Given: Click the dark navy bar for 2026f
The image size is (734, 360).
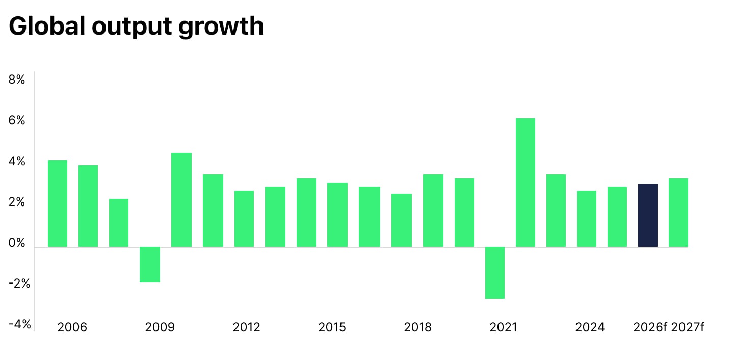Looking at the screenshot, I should point(647,215).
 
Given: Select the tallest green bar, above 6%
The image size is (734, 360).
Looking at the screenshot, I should point(526,183).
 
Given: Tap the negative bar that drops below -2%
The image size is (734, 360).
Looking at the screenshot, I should point(494,273).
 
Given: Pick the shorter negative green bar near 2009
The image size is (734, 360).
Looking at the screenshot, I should point(150,265).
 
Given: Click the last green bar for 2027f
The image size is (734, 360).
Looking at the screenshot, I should point(678,213).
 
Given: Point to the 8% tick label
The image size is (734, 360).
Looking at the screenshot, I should point(17,80).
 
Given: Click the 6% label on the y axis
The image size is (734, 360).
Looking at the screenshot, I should point(17,121).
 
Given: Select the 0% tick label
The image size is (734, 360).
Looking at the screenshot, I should point(17,243).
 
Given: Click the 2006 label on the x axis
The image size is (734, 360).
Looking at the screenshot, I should point(72,327).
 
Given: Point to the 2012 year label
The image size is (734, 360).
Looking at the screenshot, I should point(246,327).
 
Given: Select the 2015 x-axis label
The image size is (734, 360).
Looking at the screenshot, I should point(332,327).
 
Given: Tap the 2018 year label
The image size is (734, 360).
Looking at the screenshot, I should point(417,327).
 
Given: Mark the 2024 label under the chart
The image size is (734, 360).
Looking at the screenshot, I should point(590,327).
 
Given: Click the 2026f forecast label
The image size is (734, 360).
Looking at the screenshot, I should point(650,327).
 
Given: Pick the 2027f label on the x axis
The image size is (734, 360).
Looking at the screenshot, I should point(688,327).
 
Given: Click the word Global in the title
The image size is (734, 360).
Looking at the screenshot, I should point(46,26).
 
